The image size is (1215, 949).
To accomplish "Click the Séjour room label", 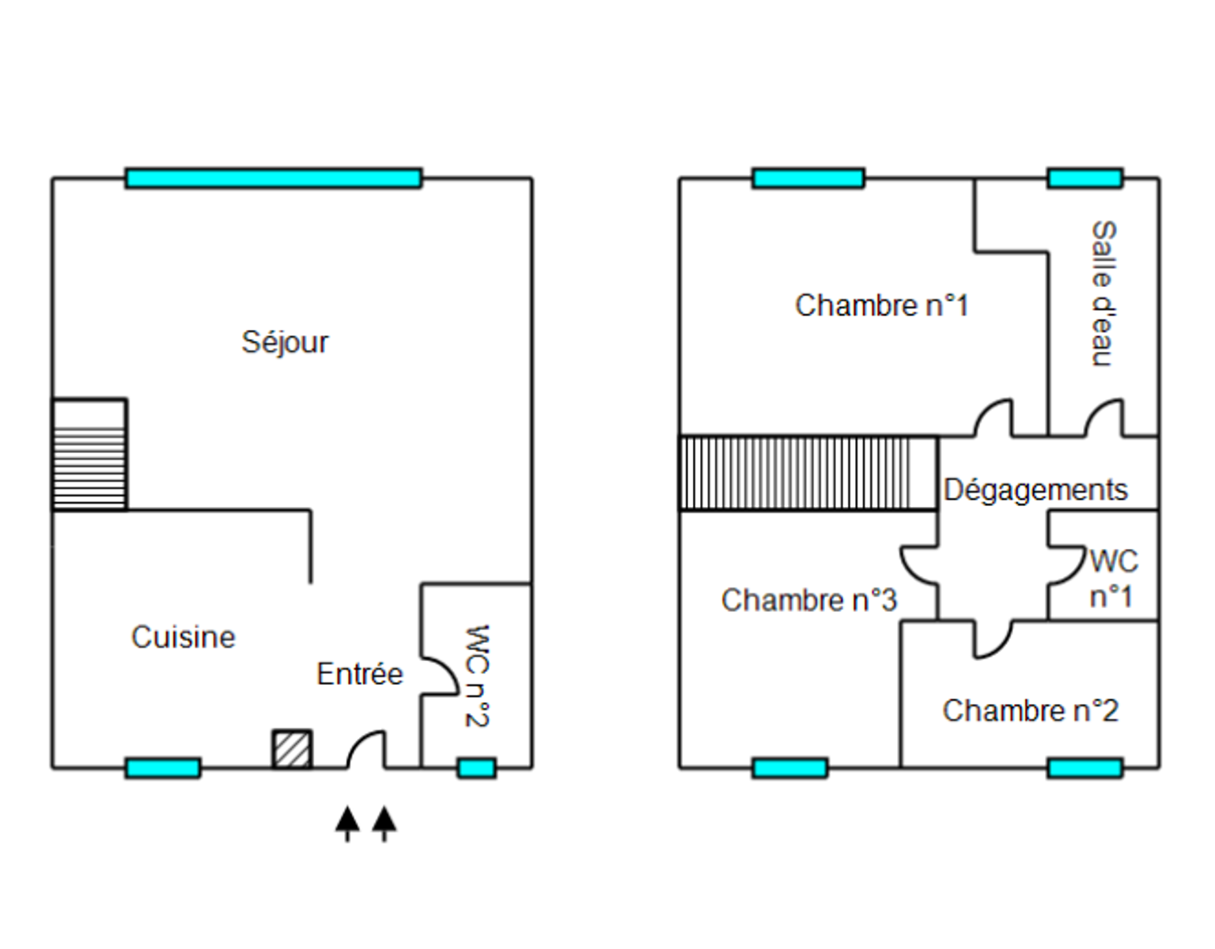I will click(x=285, y=342).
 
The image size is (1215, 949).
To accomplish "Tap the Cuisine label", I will click(x=184, y=637).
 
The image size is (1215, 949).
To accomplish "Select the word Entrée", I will click(x=360, y=674).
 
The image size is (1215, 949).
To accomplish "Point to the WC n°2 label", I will click(x=477, y=675).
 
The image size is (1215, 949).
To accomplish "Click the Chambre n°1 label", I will click(x=881, y=305).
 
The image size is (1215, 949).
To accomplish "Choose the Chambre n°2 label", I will click(x=1030, y=710).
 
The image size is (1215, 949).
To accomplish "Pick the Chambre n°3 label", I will click(x=808, y=600).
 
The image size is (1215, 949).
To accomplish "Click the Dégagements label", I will click(x=1035, y=490).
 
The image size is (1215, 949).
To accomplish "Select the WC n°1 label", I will click(x=1113, y=578).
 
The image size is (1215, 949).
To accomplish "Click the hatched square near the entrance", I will click(x=292, y=749).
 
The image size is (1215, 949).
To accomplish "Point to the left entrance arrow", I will click(x=347, y=823).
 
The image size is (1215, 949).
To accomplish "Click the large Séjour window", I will click(x=274, y=178).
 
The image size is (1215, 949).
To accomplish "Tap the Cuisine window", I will click(x=163, y=768).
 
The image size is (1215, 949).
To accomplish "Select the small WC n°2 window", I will click(x=477, y=768).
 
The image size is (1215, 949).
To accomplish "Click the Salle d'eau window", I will click(x=1084, y=178).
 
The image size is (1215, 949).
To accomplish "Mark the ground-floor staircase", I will click(x=89, y=455).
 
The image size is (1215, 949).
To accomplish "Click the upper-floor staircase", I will click(x=808, y=473).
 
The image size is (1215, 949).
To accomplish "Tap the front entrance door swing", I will click(x=367, y=750).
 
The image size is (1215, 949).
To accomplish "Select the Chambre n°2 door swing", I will click(x=992, y=640).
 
